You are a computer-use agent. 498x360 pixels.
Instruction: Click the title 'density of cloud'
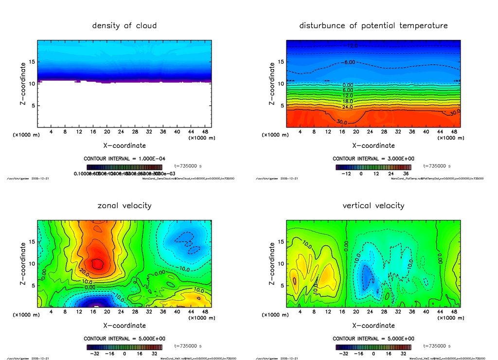(124, 26)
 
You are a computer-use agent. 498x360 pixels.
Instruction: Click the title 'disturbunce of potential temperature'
(373, 26)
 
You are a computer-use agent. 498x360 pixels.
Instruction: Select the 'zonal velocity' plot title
(124, 206)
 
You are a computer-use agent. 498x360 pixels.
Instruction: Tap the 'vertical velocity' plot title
(373, 206)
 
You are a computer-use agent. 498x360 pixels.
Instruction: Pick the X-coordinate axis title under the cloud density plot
(124, 145)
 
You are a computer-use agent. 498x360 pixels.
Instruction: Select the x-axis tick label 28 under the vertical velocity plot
(384, 312)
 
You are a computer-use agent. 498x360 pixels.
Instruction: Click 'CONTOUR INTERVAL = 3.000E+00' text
(373, 159)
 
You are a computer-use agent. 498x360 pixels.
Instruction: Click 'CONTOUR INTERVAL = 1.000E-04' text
(124, 159)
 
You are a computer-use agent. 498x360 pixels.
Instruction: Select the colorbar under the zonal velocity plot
(124, 347)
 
